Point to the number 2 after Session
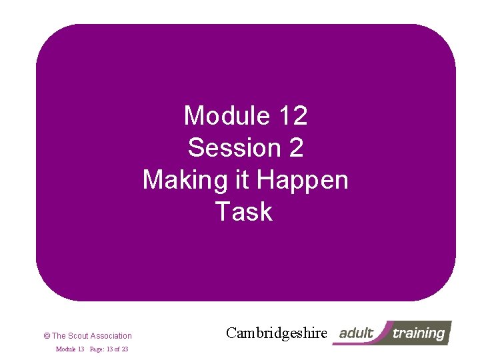coord(295,148)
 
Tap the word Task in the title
coord(244,212)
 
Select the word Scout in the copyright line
coord(78,336)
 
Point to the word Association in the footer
coord(111,336)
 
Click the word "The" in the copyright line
coord(59,336)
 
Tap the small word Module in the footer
coord(65,349)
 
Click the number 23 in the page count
coord(125,349)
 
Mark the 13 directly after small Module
coord(80,349)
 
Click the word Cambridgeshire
coord(277,333)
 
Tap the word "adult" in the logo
coord(357,333)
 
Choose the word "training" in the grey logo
coord(419,333)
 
